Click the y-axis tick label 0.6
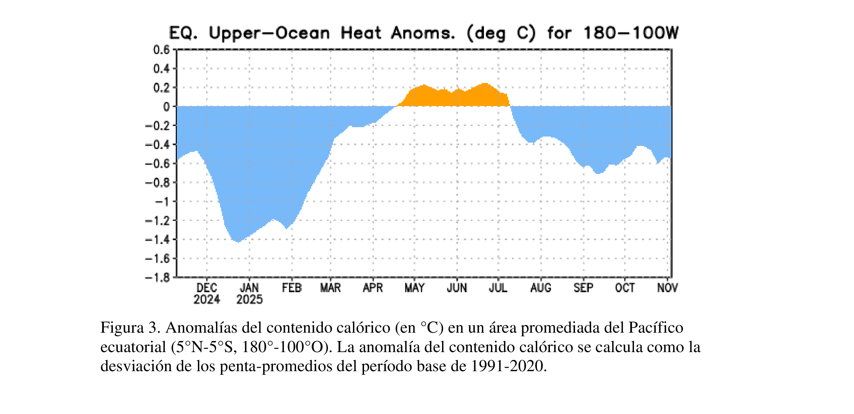(x=161, y=50)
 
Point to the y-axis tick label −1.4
(x=157, y=240)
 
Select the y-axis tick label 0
(x=166, y=107)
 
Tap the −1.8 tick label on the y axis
(x=157, y=277)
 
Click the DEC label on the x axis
(x=207, y=288)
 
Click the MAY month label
(x=414, y=288)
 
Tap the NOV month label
(x=667, y=288)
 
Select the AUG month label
(x=541, y=288)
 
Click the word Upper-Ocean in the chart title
(x=269, y=33)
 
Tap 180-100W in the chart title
(x=631, y=33)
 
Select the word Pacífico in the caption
(x=655, y=328)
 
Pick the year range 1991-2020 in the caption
(x=508, y=366)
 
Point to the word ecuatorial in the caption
(x=133, y=347)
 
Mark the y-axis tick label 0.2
(x=161, y=88)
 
